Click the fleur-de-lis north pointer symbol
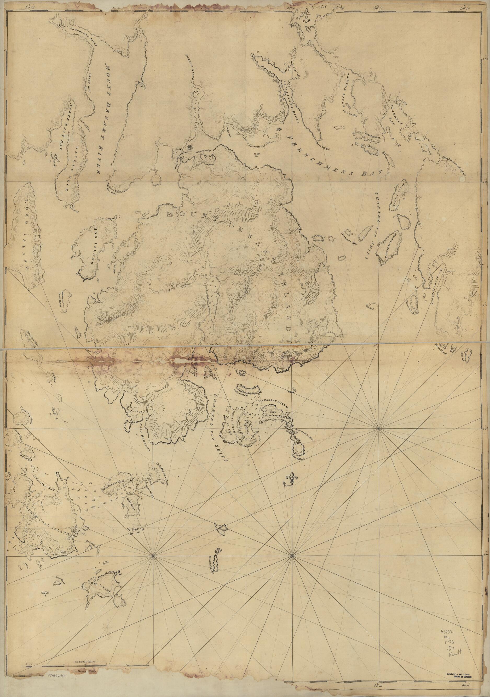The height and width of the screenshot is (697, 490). (292, 477)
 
